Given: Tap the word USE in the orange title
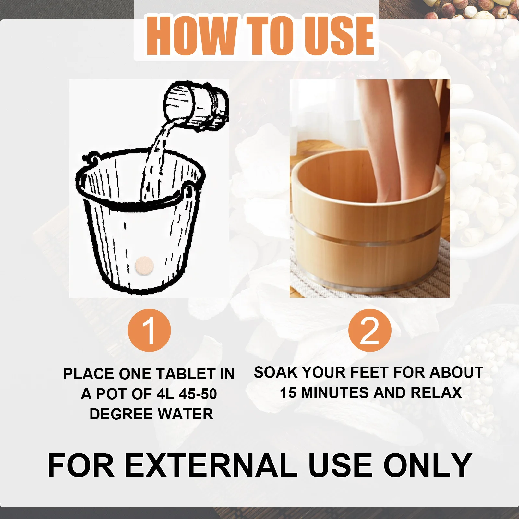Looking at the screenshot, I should click(x=339, y=35).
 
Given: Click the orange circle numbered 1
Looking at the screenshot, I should click(x=149, y=331).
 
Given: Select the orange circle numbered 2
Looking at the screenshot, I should click(x=370, y=331).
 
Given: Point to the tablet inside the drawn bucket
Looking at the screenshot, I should click(x=144, y=265).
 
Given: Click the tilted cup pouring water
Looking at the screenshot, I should click(x=195, y=105).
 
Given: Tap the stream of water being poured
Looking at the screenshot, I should click(x=156, y=162).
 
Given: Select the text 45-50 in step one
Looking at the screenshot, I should click(x=198, y=394).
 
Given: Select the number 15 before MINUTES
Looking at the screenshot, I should click(x=288, y=393).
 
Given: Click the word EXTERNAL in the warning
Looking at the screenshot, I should click(x=211, y=465).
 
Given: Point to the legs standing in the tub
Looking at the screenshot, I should click(x=389, y=136).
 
